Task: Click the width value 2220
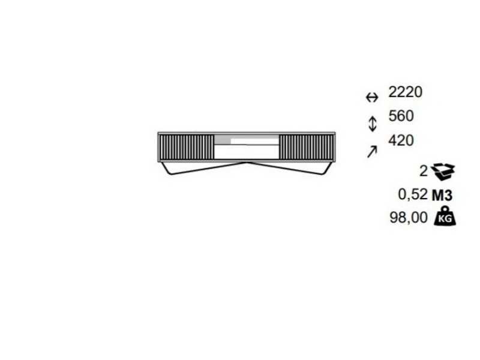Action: [x=406, y=92]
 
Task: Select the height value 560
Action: [x=401, y=116]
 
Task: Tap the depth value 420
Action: [x=401, y=140]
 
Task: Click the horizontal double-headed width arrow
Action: [x=372, y=98]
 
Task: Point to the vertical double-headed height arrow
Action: [x=372, y=124]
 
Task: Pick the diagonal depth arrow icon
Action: [x=372, y=152]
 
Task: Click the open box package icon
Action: [x=443, y=172]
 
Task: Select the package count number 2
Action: [x=424, y=171]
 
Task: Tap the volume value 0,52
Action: [x=412, y=194]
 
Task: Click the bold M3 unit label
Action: [x=442, y=196]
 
